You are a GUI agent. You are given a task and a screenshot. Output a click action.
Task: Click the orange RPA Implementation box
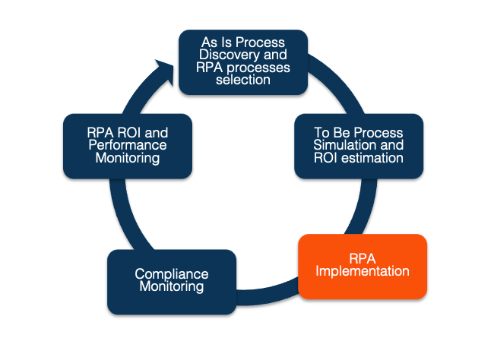pos(363,267)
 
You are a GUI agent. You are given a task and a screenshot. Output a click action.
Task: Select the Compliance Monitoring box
pos(172,282)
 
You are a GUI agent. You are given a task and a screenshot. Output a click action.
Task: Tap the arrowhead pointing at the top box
pos(165,71)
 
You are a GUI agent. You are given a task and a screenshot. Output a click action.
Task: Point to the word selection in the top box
pos(243,80)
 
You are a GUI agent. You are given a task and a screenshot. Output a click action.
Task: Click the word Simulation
pos(345,145)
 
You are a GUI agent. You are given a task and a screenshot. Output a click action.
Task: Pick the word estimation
pos(372,158)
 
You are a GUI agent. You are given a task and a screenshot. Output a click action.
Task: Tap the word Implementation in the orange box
pos(363,271)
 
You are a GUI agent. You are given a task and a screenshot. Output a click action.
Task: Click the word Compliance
pos(172,274)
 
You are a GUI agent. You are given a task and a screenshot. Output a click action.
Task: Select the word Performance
pos(128,145)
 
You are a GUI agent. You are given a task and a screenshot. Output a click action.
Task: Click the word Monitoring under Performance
pos(128,158)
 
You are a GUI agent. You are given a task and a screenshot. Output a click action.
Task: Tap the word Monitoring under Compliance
pos(172,286)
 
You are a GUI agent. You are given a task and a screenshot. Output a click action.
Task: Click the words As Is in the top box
pos(217,43)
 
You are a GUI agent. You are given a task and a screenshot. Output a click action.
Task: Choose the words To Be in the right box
pos(331,133)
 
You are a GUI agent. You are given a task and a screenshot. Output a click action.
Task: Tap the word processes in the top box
pos(258,68)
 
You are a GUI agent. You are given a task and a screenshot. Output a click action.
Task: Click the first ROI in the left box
pos(128,133)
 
